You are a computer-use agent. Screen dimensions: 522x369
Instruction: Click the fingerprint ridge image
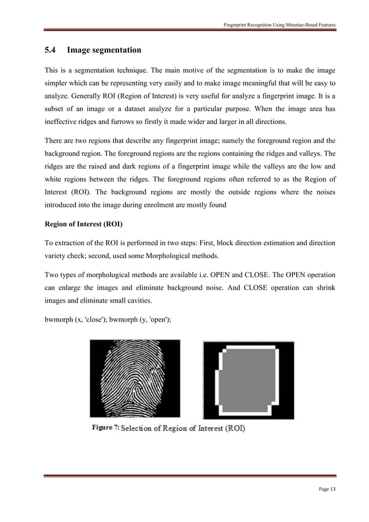tap(134, 380)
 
